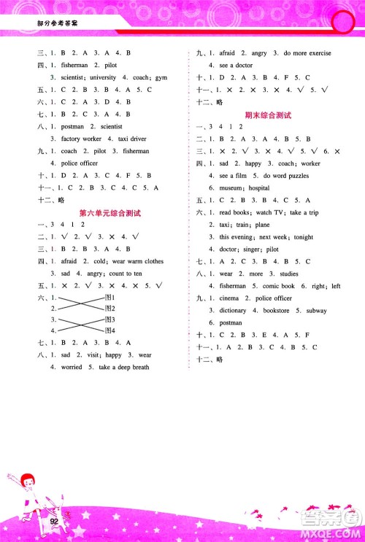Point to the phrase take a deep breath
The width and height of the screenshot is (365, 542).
click(124, 367)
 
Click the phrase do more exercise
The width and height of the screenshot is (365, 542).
click(307, 53)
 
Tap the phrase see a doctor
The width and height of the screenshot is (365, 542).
click(235, 65)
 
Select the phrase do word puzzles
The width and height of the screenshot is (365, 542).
click(296, 176)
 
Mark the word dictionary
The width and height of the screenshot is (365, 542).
click(233, 310)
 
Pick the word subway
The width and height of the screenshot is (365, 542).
click(317, 310)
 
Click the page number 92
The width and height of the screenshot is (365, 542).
click(54, 521)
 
